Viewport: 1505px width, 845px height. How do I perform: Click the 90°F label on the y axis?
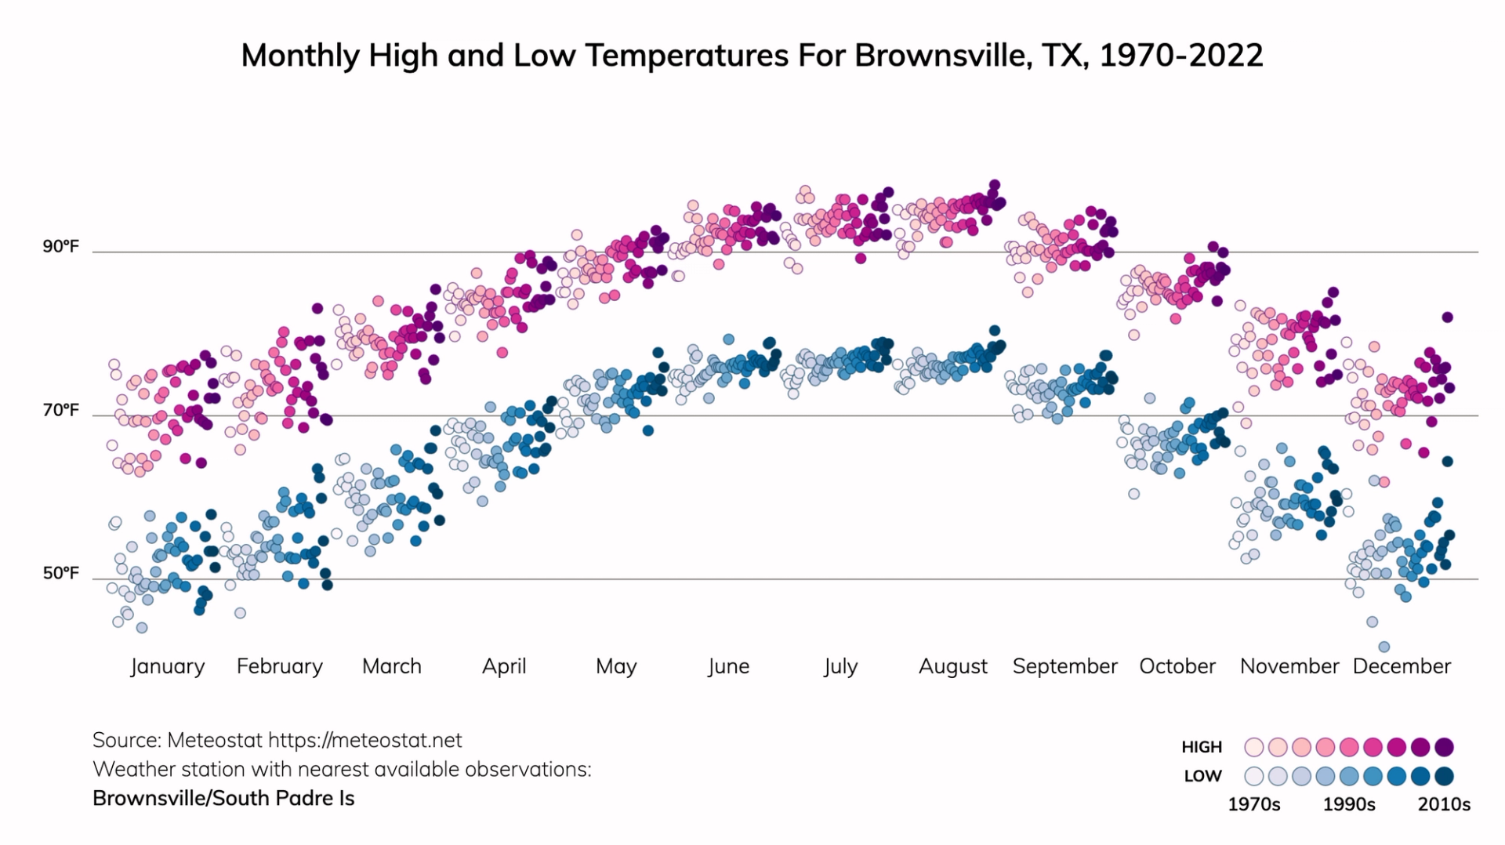(60, 247)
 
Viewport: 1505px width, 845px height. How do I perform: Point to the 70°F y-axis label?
(60, 410)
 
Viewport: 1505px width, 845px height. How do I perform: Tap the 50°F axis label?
(60, 573)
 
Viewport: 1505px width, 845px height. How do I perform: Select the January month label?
(167, 666)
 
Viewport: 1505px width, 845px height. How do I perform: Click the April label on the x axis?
(504, 666)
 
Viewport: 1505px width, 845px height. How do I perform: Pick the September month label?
(1064, 666)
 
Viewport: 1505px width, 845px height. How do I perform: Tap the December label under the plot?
(1402, 666)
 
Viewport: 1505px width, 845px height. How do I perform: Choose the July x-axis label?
(840, 666)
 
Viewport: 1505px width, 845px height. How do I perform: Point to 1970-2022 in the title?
(1181, 56)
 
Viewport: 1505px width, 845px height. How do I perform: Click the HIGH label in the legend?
(1202, 747)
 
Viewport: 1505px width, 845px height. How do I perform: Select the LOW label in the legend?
(1203, 776)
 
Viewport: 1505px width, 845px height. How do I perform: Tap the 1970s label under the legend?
(1253, 804)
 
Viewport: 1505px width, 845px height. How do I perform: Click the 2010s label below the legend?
(1444, 804)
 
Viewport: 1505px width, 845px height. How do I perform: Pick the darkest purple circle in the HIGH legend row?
(1444, 747)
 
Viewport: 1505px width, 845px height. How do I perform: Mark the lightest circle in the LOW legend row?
(1254, 776)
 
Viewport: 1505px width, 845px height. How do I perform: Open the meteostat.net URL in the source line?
(365, 740)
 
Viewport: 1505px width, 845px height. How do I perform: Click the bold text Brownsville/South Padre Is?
(223, 798)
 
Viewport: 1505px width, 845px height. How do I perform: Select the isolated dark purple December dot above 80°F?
(1447, 317)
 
